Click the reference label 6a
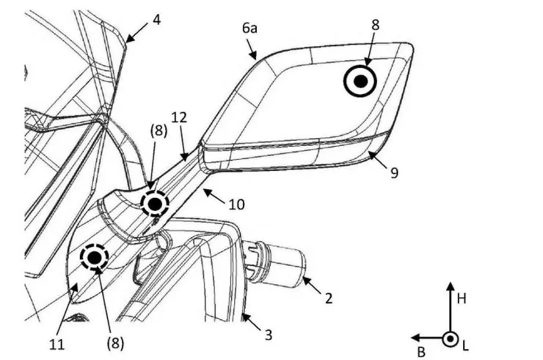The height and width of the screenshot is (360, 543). pos(250,29)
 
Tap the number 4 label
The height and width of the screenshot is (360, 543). pos(156,20)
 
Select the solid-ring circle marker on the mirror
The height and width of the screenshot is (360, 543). pos(360,82)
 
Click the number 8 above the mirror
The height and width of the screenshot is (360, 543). pos(375,25)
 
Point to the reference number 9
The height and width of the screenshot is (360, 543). pos(394,173)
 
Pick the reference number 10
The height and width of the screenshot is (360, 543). pos(237,205)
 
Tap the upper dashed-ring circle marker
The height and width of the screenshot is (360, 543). pos(155,205)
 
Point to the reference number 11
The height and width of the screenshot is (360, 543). pos(57,345)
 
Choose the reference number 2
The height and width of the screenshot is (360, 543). pos(329,298)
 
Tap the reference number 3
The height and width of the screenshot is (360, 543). pos(268,335)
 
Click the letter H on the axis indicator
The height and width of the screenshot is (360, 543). pos(462,298)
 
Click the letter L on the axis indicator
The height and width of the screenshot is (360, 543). pos(466,347)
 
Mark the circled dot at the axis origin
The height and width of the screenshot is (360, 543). pos(450,338)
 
